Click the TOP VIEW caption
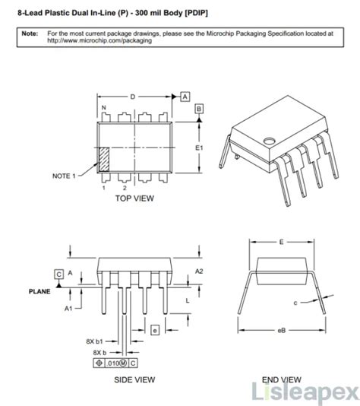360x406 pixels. pos(134,198)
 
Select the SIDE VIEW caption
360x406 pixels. pos(134,379)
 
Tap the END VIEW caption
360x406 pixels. pos(282,379)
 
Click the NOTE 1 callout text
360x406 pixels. pos(64,176)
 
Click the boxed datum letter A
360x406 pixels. pos(185,96)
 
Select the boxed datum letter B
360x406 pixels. pos(199,109)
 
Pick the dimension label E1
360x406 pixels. pos(200,147)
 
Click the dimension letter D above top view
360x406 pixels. pos(132,97)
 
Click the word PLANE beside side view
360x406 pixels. pos(39,290)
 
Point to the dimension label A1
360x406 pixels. pos(68,309)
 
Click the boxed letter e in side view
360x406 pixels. pos(154,330)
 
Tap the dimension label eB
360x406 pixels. pos(282,331)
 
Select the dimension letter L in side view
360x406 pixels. pos(188,301)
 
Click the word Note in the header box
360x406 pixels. pos(30,34)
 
